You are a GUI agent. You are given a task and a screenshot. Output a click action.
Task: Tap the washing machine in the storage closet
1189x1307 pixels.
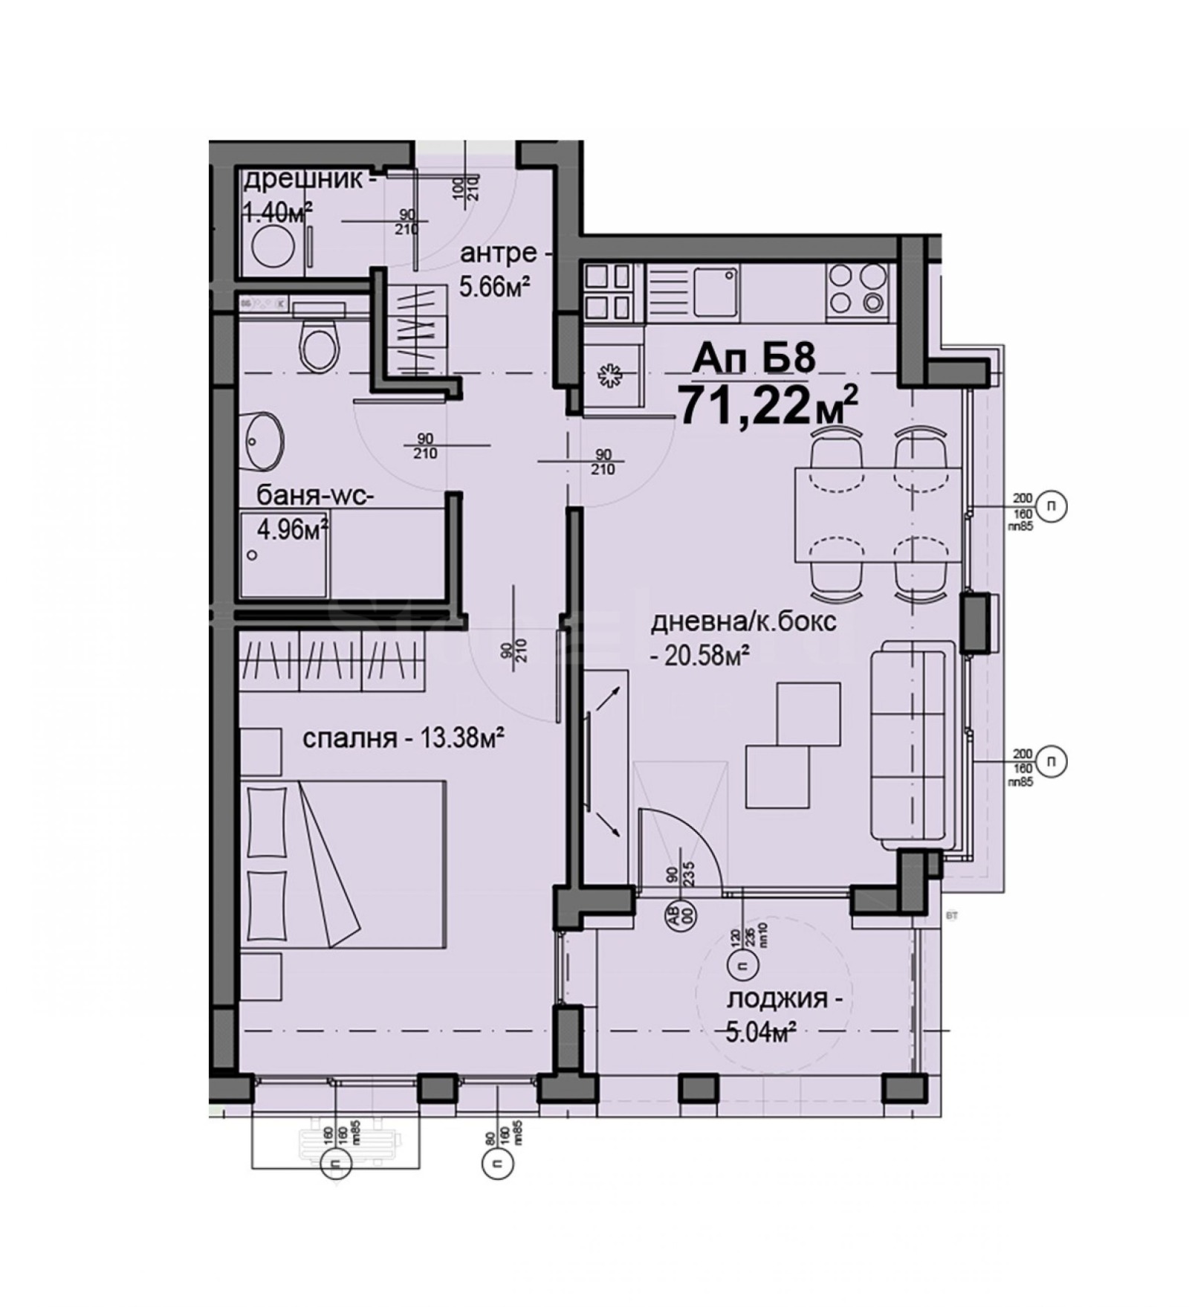268,248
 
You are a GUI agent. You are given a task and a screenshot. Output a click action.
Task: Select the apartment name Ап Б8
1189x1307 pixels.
754,358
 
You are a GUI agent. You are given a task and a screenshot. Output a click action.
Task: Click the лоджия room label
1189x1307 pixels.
784,998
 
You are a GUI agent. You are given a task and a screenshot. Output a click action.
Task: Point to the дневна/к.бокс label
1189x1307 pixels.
743,622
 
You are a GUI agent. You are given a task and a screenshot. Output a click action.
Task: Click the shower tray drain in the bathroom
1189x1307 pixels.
254,555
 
